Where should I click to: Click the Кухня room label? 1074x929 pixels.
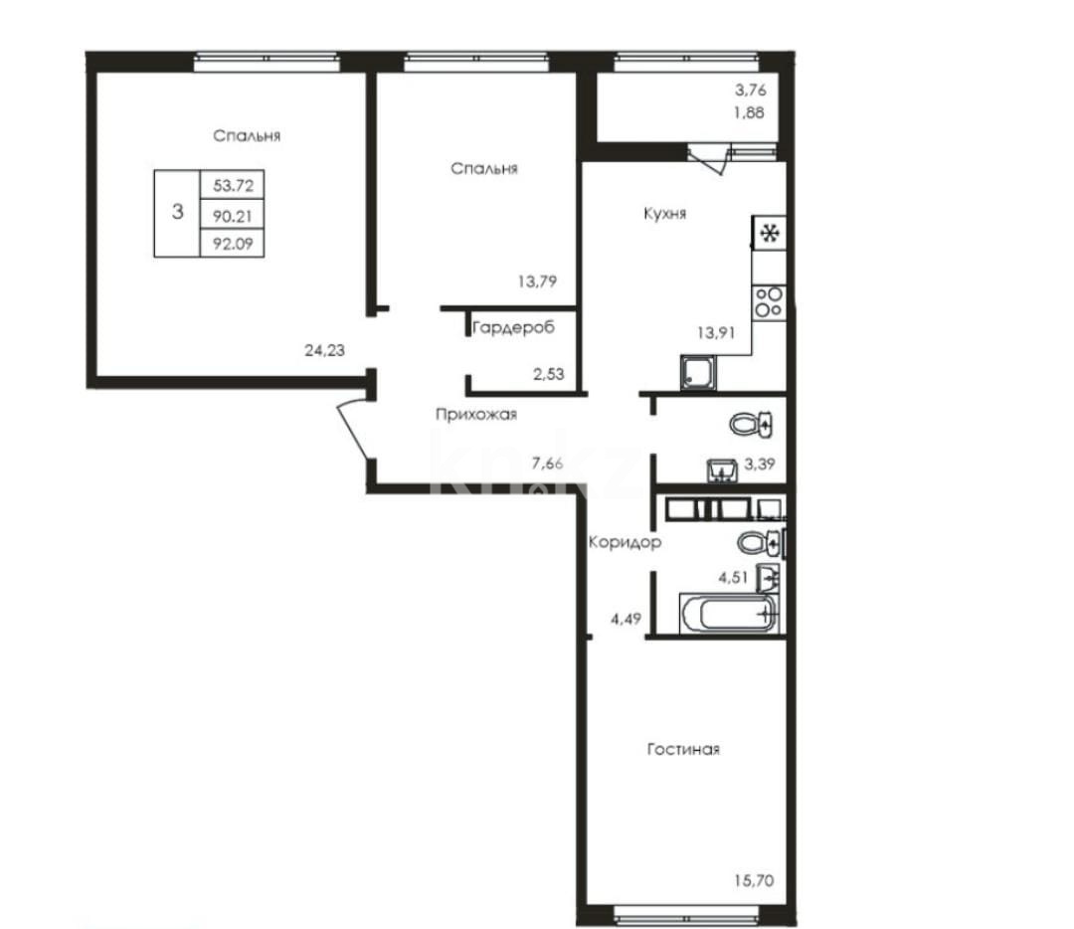[663, 213]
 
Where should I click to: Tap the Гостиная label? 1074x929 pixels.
[683, 749]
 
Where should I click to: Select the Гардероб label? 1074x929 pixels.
[512, 327]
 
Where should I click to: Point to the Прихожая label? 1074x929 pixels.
[475, 415]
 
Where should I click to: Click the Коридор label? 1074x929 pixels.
[625, 543]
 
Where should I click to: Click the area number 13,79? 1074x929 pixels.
[536, 281]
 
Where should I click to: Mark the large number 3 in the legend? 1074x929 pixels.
[177, 212]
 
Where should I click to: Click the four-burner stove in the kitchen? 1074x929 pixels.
[768, 300]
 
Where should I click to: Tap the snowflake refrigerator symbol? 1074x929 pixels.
[768, 234]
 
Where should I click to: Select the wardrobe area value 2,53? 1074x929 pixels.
[550, 374]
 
